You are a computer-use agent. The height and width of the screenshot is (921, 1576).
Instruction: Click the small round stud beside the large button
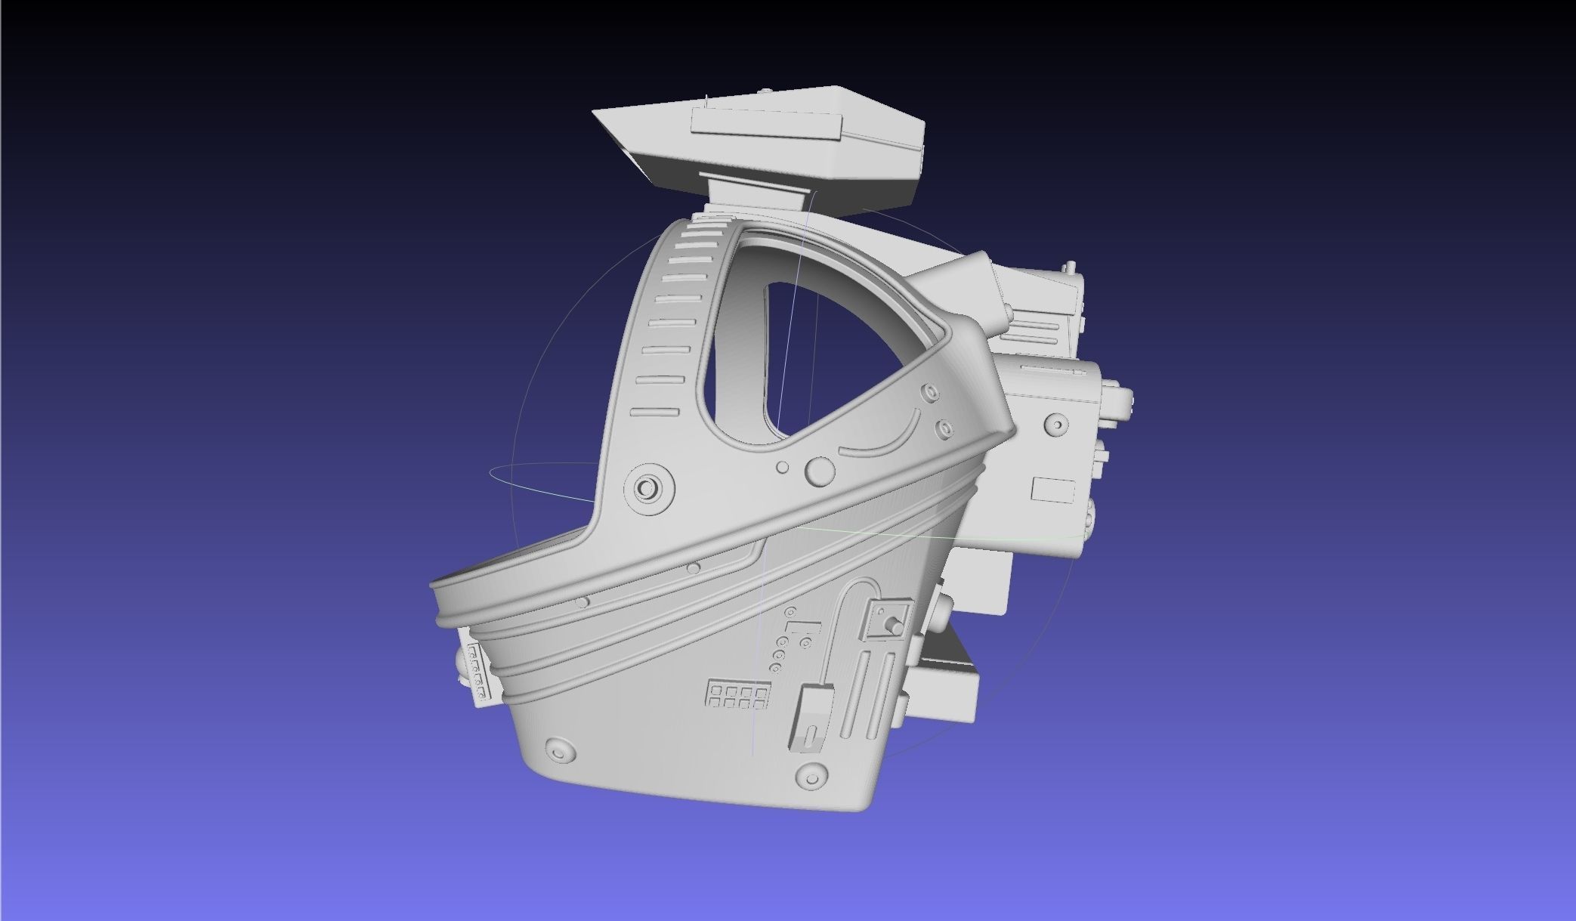[783, 468]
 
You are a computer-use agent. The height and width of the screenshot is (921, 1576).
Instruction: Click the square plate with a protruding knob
[888, 620]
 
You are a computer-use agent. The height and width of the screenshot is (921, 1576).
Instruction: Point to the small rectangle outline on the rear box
[1053, 490]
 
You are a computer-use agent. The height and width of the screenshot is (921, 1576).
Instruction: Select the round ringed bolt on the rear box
[1056, 425]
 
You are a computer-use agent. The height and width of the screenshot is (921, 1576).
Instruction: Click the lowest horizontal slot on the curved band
[655, 413]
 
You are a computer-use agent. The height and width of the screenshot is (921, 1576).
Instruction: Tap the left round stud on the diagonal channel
[581, 602]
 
